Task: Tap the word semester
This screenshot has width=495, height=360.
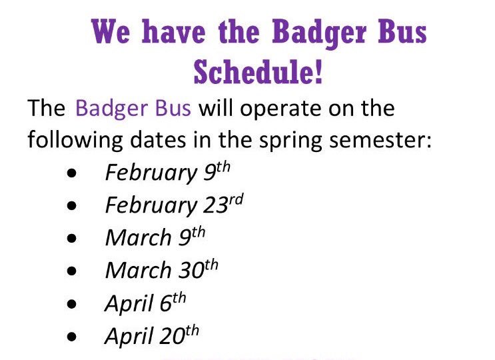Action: [383, 140]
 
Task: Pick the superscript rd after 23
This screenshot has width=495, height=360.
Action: [236, 199]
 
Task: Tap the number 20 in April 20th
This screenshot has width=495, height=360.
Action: [171, 337]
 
